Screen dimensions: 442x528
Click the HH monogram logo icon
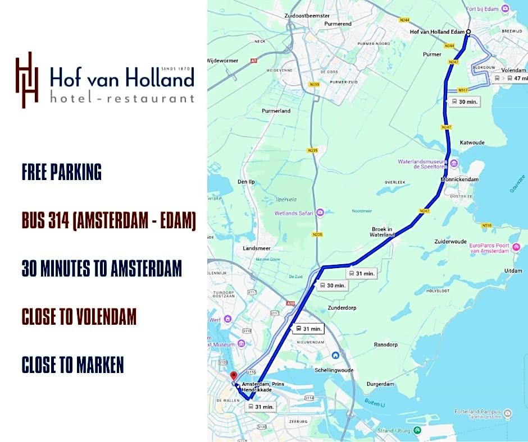[x=27, y=80]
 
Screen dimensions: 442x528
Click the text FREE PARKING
[x=62, y=172]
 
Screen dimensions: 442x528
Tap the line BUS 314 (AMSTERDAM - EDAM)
[x=109, y=220]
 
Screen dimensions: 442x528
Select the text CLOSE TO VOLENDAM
[x=79, y=317]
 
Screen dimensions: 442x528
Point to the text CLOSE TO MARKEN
[x=72, y=365]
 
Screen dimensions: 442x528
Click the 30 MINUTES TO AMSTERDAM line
[x=102, y=269]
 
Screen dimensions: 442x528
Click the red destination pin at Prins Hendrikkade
[x=234, y=375]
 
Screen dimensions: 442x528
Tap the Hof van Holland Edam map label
[x=438, y=32]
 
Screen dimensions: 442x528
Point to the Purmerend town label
[x=338, y=24]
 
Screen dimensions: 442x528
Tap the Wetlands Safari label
[x=294, y=213]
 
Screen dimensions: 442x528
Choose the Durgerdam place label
[x=380, y=384]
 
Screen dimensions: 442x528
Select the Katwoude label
[x=472, y=142]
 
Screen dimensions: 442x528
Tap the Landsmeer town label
[x=256, y=248]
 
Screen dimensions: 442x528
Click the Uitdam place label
[x=513, y=270]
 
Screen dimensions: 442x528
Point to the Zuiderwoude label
[x=450, y=242]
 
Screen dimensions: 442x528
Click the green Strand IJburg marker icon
[x=417, y=430]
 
